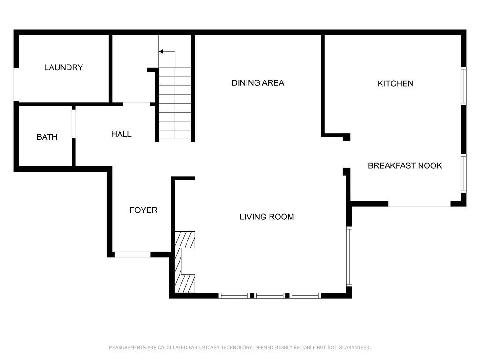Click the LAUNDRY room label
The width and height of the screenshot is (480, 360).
coord(64,67)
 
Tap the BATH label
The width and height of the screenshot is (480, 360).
coord(47,137)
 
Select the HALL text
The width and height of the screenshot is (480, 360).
coord(121,134)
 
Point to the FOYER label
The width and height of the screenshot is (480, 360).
coord(143,210)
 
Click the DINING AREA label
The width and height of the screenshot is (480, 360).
coord(258,83)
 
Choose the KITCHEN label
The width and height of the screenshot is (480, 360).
coord(395,83)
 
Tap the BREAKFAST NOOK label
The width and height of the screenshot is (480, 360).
coord(405,165)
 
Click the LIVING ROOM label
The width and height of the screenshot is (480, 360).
coord(267,217)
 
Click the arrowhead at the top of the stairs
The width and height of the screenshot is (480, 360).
coord(161,52)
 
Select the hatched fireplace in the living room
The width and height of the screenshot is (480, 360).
coord(185,262)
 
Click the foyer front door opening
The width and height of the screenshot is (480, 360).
coord(133,255)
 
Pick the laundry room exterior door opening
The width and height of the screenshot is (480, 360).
coord(16,84)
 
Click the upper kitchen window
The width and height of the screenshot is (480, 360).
coord(464,86)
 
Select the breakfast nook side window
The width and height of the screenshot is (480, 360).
coord(464,173)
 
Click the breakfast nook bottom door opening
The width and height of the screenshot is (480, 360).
coord(420,204)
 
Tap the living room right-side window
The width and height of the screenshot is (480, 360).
coord(349,256)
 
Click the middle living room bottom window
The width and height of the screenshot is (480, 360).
coord(270,295)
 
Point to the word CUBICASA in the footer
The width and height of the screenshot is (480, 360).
coord(208,347)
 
